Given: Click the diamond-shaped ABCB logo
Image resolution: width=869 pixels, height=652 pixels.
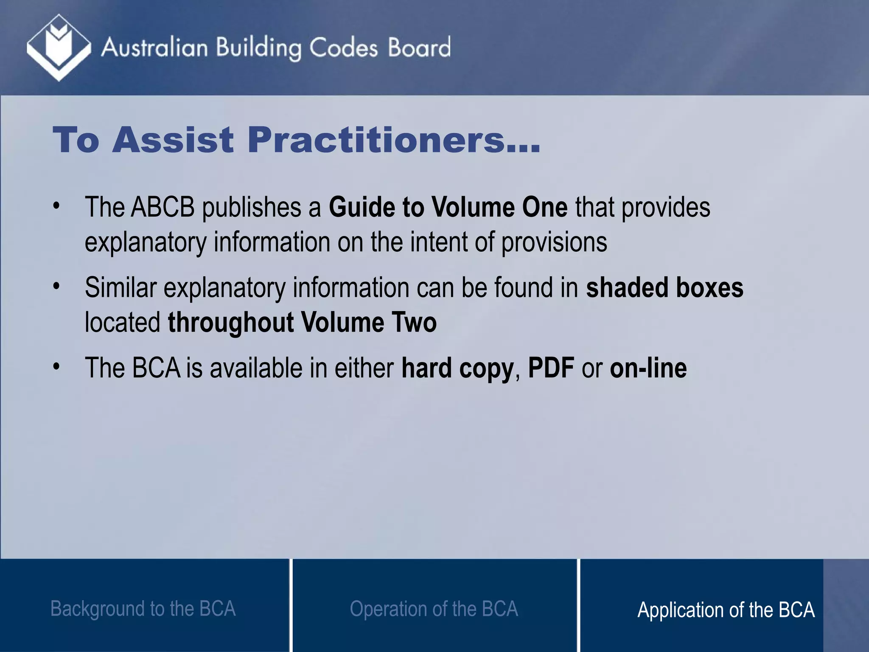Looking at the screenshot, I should (x=59, y=47).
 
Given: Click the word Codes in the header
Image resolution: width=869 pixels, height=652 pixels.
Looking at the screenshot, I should (x=343, y=48).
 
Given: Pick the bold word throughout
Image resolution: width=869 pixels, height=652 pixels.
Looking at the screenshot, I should (x=231, y=322).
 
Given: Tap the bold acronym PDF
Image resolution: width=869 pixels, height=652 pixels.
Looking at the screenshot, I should (x=551, y=368).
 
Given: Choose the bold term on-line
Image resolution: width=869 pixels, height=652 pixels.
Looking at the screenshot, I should (x=648, y=368).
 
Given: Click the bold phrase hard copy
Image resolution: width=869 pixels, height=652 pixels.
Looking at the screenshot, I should (x=457, y=368).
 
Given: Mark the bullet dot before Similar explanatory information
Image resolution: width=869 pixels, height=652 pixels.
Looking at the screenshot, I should (x=56, y=287).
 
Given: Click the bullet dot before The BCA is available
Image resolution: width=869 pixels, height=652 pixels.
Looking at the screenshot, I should (x=56, y=367).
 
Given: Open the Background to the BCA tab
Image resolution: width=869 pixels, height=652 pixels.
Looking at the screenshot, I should (x=143, y=608).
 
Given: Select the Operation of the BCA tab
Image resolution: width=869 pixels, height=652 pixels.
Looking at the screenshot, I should (x=434, y=608).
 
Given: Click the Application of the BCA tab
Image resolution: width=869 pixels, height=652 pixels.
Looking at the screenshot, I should (x=726, y=610).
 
